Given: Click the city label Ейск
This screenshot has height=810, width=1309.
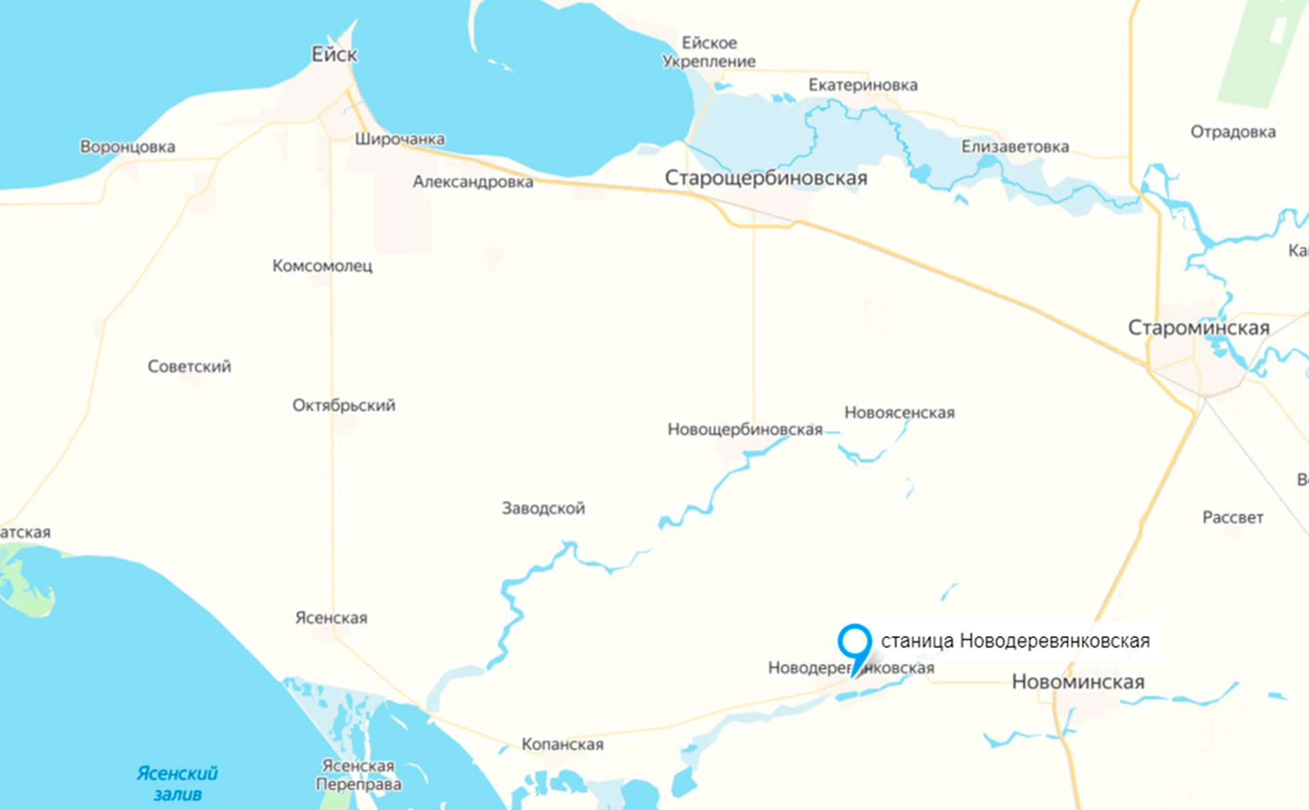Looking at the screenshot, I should [334, 55].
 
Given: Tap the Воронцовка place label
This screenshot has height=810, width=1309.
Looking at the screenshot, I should [127, 147].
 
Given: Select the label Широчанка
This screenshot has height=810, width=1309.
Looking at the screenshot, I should [400, 139].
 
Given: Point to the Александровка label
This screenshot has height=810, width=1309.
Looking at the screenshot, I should [472, 182].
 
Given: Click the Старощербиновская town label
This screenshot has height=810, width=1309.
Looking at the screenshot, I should [766, 178].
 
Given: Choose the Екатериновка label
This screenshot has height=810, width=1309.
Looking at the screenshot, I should [862, 85].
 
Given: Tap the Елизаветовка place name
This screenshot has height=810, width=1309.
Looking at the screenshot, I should [1014, 147].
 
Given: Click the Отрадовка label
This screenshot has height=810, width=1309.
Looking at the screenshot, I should [1233, 132].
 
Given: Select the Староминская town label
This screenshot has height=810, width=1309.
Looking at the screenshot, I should [1199, 328].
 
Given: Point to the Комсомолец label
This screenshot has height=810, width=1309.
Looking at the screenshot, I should [322, 265].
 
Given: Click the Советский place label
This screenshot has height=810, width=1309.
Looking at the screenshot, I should [190, 366].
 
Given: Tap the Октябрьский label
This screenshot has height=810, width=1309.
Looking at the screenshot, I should [344, 405].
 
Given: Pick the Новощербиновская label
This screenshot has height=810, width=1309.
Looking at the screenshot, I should [744, 429].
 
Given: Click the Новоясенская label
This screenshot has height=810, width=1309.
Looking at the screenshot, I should [899, 413].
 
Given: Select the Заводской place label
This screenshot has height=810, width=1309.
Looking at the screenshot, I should [543, 508].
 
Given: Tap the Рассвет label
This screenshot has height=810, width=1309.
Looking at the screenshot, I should [1233, 517].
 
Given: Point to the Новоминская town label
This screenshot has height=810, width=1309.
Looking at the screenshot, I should [1078, 682].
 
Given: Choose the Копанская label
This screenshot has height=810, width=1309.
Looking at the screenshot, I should [562, 744].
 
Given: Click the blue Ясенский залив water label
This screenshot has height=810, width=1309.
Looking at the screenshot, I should [177, 783].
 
